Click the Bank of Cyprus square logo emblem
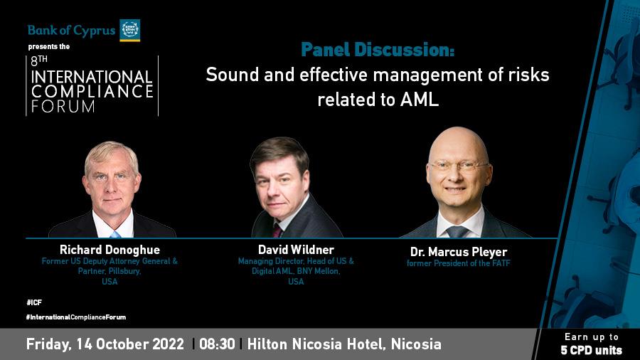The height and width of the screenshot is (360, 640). (130, 30)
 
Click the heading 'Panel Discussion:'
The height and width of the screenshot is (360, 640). (378, 50)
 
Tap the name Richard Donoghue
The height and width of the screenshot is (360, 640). (110, 250)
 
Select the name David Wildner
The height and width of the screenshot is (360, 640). (296, 250)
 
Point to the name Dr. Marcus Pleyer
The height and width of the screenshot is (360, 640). (459, 252)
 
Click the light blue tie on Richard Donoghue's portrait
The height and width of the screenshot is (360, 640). (115, 234)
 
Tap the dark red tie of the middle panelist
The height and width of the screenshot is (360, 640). (277, 231)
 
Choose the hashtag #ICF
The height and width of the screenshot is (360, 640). (34, 302)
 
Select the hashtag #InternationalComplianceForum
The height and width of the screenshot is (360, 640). (76, 317)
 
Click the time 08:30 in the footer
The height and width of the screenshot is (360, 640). (217, 344)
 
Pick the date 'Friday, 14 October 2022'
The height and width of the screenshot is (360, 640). (105, 344)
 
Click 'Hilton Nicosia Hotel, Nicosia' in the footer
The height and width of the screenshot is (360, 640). (344, 344)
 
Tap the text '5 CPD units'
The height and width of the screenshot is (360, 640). (591, 350)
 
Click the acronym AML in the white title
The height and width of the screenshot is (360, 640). (419, 100)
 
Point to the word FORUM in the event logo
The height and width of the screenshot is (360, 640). (63, 107)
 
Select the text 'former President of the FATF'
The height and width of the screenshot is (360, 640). (459, 263)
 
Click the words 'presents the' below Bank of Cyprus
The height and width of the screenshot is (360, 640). (49, 46)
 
